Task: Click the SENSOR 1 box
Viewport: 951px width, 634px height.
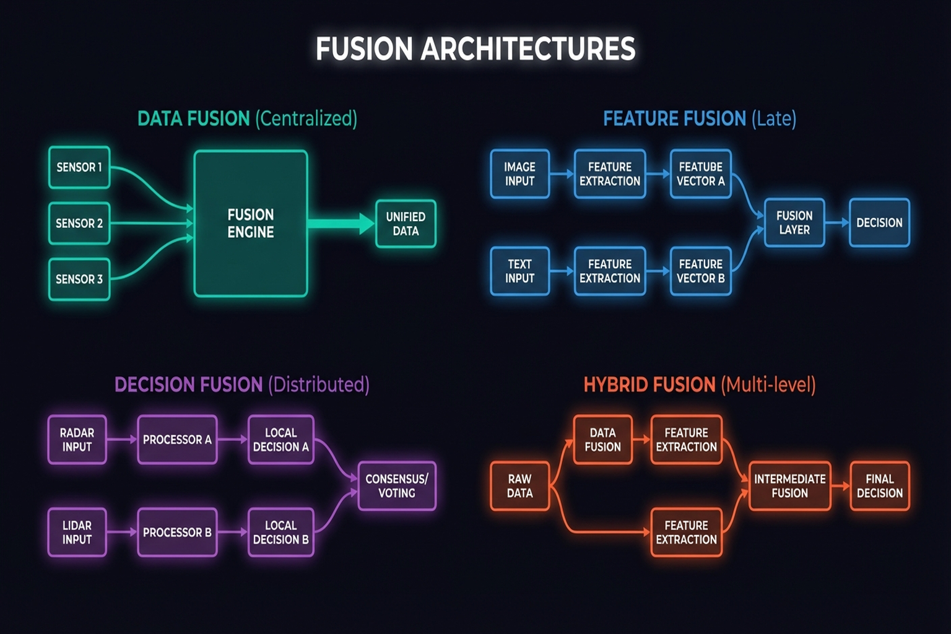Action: click(79, 167)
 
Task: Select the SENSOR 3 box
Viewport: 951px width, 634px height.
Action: click(79, 279)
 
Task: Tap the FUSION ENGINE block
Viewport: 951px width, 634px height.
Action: click(251, 224)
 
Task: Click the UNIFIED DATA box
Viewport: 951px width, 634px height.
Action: click(406, 224)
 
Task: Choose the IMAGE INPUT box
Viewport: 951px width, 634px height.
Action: click(519, 174)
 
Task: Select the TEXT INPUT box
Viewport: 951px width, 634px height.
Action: click(519, 271)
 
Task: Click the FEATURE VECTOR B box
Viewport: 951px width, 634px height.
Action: click(700, 271)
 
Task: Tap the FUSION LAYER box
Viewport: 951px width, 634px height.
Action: click(794, 223)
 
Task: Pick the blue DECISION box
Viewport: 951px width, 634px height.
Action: click(879, 223)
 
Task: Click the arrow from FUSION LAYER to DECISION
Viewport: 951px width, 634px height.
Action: click(837, 223)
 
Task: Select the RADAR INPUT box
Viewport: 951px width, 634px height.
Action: click(77, 440)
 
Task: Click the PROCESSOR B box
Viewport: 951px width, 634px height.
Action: click(177, 532)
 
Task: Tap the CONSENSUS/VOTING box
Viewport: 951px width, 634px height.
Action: click(397, 486)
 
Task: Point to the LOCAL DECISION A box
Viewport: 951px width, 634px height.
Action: click(280, 440)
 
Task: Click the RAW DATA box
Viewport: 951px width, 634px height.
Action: click(519, 486)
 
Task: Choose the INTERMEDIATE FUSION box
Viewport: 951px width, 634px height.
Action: click(789, 486)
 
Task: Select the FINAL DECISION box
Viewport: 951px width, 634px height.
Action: click(879, 486)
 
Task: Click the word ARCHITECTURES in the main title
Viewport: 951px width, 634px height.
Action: click(528, 49)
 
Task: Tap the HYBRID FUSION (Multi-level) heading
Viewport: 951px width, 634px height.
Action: click(699, 385)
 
